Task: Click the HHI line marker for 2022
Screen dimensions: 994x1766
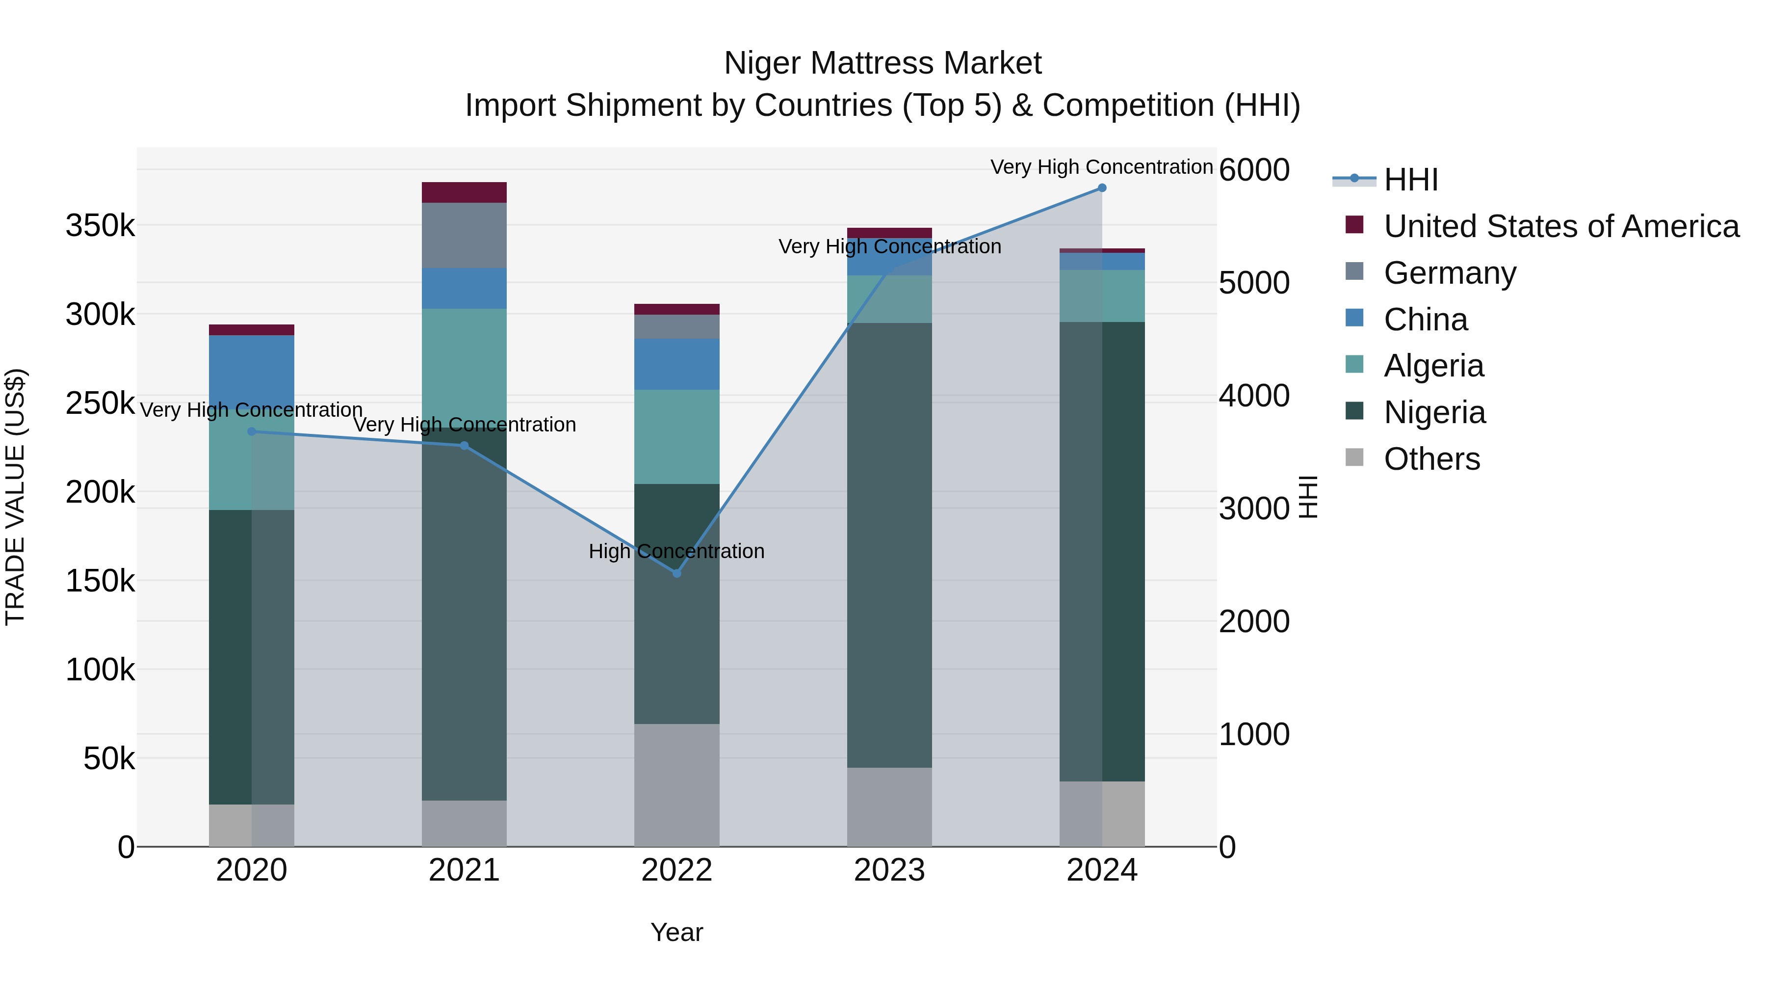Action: pyautogui.click(x=676, y=573)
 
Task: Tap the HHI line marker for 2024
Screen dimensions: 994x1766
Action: pyautogui.click(x=1102, y=188)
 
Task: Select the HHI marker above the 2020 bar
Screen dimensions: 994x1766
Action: pyautogui.click(x=252, y=431)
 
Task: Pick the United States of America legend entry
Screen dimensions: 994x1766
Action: pyautogui.click(x=1560, y=226)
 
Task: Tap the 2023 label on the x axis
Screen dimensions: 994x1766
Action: pyautogui.click(x=889, y=870)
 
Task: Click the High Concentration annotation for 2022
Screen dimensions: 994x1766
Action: pyautogui.click(x=676, y=551)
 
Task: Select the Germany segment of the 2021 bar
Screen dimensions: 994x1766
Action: pyautogui.click(x=464, y=235)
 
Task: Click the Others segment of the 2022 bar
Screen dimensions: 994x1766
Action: pyautogui.click(x=676, y=785)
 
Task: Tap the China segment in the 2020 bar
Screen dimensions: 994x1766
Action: pyautogui.click(x=252, y=367)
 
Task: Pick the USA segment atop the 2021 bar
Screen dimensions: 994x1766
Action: pyautogui.click(x=464, y=192)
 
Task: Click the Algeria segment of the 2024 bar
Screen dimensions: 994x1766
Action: pyautogui.click(x=1102, y=296)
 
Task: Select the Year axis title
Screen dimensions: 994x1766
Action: pyautogui.click(x=676, y=932)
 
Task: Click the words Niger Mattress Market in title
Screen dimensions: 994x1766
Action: pyautogui.click(x=883, y=63)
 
